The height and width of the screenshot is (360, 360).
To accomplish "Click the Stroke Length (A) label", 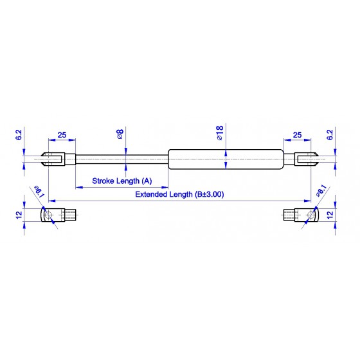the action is coord(122,181).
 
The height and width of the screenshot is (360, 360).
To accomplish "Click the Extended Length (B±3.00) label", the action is coord(179,194).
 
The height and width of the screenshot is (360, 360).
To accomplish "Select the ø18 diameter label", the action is coord(220,133).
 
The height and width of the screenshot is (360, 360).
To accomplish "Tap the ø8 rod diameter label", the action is coord(120,134).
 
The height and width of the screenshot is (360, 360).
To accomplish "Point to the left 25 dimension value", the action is coord(62,135).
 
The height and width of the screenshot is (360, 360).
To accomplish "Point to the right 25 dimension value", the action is coord(297,135).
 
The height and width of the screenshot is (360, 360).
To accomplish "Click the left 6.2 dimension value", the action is coord(19,135).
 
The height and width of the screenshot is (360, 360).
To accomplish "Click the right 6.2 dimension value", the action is coord(329,135).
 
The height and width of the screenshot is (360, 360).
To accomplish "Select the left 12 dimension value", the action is coord(19,215).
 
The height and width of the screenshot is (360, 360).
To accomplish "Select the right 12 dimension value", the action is coord(329,215).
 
